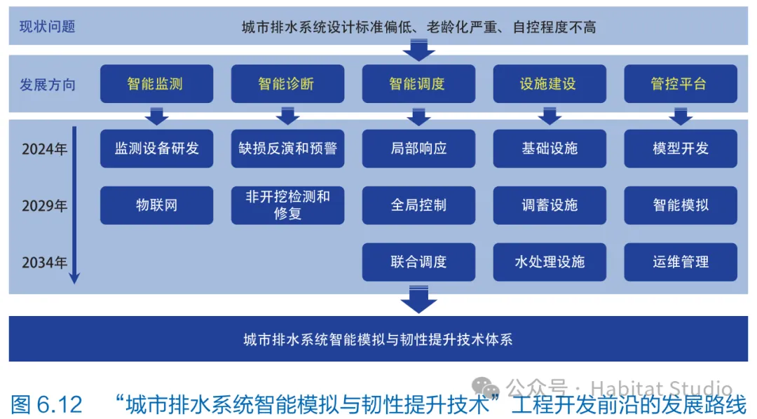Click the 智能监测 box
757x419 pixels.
click(x=156, y=84)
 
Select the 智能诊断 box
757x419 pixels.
click(x=287, y=84)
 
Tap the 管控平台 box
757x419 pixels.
click(x=680, y=84)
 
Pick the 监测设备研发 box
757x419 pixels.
click(x=156, y=149)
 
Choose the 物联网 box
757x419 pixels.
click(x=156, y=205)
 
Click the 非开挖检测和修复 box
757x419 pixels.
click(x=287, y=205)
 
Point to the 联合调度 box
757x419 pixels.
click(x=418, y=262)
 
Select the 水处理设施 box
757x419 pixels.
click(x=550, y=262)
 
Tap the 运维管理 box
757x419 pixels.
click(x=680, y=262)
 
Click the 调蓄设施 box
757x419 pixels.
click(x=550, y=205)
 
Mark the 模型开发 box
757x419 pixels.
click(x=680, y=149)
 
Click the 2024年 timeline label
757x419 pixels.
click(x=44, y=149)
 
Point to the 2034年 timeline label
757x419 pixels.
click(x=44, y=263)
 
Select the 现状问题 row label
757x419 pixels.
click(x=47, y=27)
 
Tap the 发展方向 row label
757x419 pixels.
click(x=47, y=85)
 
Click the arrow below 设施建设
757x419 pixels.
click(x=550, y=116)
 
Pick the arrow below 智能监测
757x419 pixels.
click(x=156, y=116)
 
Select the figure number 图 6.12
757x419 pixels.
click(x=47, y=404)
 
